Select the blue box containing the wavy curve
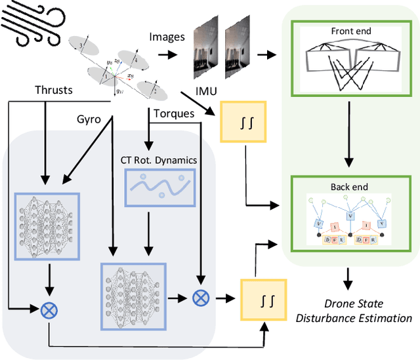click(x=159, y=188)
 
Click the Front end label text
click(x=350, y=31)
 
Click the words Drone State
click(x=353, y=304)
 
